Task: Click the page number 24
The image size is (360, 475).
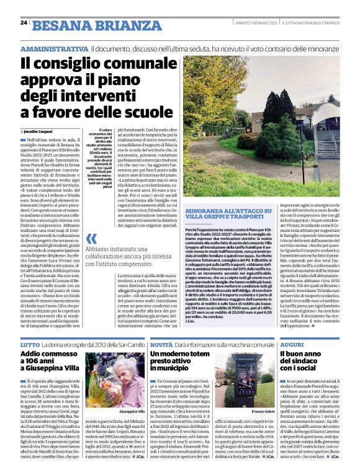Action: coord(24,23)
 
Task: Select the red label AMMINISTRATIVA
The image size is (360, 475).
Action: coord(54,48)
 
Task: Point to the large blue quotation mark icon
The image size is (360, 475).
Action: coord(92,239)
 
